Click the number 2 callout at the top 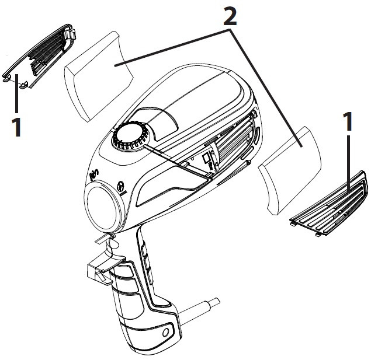(230, 16)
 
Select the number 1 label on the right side (349, 123)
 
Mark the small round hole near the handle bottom (167, 333)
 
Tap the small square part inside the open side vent (206, 159)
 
